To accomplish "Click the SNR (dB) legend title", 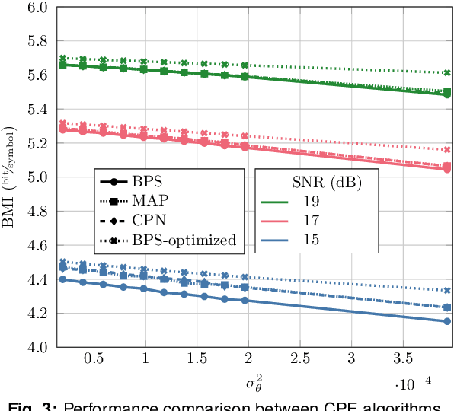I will tap(327, 183).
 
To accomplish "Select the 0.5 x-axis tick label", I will tap(94, 358).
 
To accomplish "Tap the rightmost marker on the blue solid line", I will tap(447, 321).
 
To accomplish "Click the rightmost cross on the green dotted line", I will tap(447, 72).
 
